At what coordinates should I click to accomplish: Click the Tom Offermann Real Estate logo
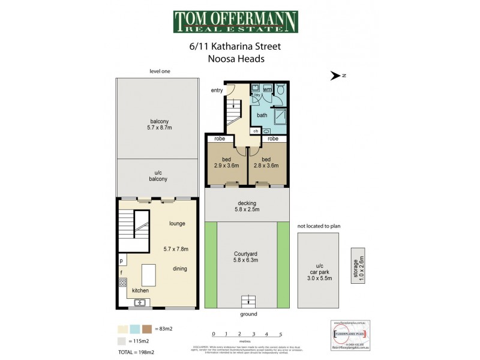[235, 22]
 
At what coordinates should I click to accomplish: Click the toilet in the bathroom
[280, 90]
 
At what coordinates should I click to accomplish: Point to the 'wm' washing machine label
[267, 89]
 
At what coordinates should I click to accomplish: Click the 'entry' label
[217, 90]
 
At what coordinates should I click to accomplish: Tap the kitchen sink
[139, 302]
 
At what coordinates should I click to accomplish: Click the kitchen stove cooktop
[122, 282]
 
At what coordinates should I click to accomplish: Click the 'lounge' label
[176, 224]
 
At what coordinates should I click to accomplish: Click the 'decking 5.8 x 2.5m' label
[247, 206]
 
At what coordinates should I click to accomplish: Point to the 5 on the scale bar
[280, 334]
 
